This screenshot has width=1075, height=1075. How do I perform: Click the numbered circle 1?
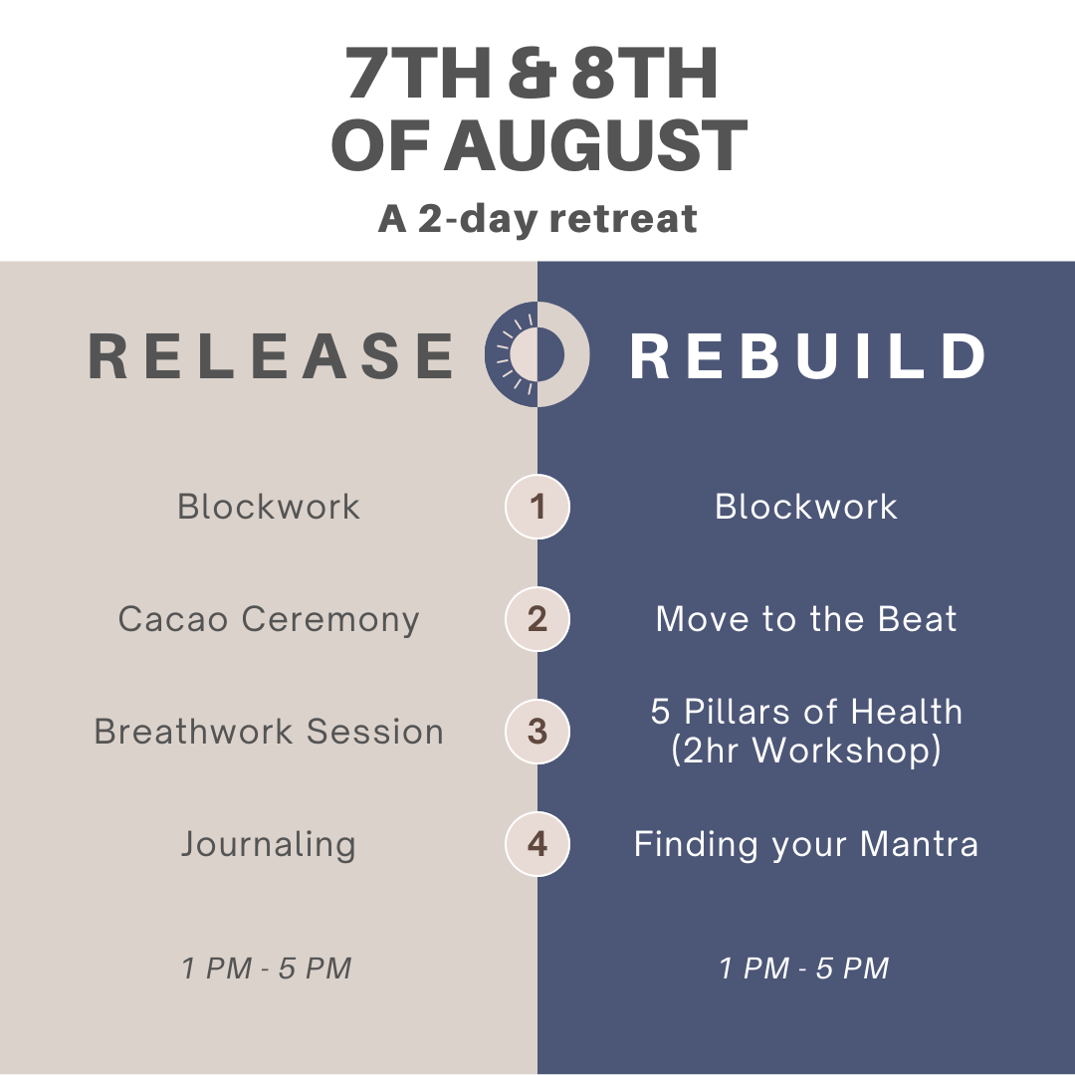pos(537,507)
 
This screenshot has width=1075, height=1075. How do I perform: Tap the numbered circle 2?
pos(537,619)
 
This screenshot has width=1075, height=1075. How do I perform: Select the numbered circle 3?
pos(537,732)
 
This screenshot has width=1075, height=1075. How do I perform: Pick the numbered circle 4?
pos(537,844)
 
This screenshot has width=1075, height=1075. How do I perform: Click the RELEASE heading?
pos(271,355)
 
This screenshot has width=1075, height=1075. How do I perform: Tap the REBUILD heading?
pos(807,355)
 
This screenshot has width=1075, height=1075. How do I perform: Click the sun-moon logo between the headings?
pos(537,354)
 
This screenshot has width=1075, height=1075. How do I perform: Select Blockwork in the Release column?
pos(269,507)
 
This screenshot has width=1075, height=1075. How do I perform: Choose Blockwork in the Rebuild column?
pos(806,507)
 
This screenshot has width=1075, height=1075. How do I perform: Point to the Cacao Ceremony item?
pos(269,620)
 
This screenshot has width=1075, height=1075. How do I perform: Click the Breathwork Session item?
pos(269,732)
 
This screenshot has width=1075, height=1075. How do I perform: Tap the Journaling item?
pos(269,845)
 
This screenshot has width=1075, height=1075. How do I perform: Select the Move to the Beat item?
pos(806,619)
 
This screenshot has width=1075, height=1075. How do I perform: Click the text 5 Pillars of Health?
pos(806,712)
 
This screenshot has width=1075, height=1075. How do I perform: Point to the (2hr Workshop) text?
pos(806,751)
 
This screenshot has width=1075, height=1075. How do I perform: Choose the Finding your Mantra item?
pos(806,845)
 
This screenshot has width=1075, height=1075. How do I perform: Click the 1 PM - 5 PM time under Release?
pos(267,968)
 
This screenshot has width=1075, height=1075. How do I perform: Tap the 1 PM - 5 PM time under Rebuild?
pos(804,968)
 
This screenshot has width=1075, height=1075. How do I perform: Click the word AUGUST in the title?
pos(596,145)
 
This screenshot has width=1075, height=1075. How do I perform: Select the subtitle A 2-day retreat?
pos(537,219)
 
